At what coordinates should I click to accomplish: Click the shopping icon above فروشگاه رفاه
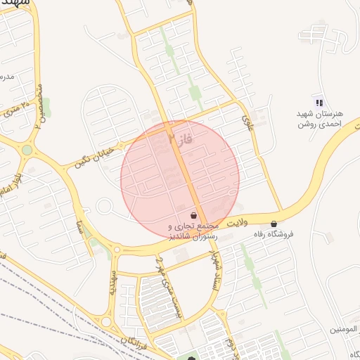click(x=274, y=224)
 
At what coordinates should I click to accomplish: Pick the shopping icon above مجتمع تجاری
click(x=193, y=215)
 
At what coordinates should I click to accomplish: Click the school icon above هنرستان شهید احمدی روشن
click(x=319, y=103)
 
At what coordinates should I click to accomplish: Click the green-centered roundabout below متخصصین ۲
click(x=27, y=150)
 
